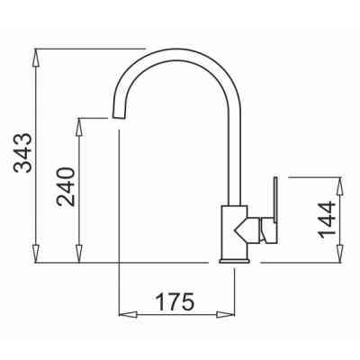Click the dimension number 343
pyautogui.click(x=22, y=153)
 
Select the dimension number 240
pyautogui.click(x=66, y=186)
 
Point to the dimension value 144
pyautogui.click(x=327, y=220)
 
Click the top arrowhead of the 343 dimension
pyautogui.click(x=36, y=58)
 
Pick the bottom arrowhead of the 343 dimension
pyautogui.click(x=36, y=254)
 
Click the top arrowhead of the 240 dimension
pyautogui.click(x=79, y=127)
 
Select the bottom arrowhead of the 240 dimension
pyautogui.click(x=79, y=254)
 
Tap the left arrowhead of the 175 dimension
pyautogui.click(x=128, y=315)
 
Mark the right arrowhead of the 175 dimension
pyautogui.click(x=225, y=315)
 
